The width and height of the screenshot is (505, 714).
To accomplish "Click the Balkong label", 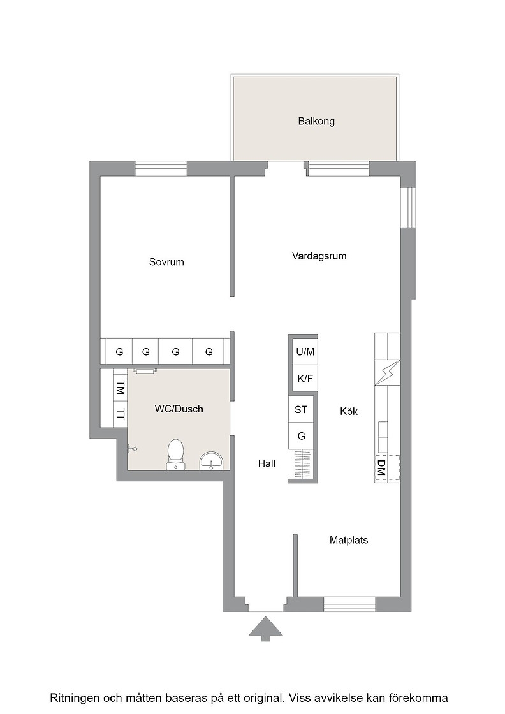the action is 316,121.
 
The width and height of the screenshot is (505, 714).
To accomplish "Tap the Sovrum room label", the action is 166,262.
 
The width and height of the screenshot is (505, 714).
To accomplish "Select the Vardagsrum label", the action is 319,256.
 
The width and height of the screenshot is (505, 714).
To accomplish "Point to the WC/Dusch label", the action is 179,409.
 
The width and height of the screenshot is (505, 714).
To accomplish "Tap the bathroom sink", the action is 212,461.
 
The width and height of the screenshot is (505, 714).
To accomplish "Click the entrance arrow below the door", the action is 265,629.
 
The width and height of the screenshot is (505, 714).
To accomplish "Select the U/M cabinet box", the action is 305,351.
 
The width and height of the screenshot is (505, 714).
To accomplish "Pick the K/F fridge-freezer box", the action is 305,379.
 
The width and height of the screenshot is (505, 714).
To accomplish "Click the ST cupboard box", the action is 301,409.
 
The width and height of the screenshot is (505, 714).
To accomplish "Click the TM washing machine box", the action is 121,388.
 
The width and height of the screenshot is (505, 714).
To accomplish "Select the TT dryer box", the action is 121,414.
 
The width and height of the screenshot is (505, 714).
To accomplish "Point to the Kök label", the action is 349,411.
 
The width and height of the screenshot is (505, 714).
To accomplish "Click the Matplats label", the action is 349,540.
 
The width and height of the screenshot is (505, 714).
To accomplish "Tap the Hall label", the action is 267,463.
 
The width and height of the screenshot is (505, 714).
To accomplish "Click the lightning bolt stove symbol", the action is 388,372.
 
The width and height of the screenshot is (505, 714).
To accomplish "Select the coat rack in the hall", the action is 301,465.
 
